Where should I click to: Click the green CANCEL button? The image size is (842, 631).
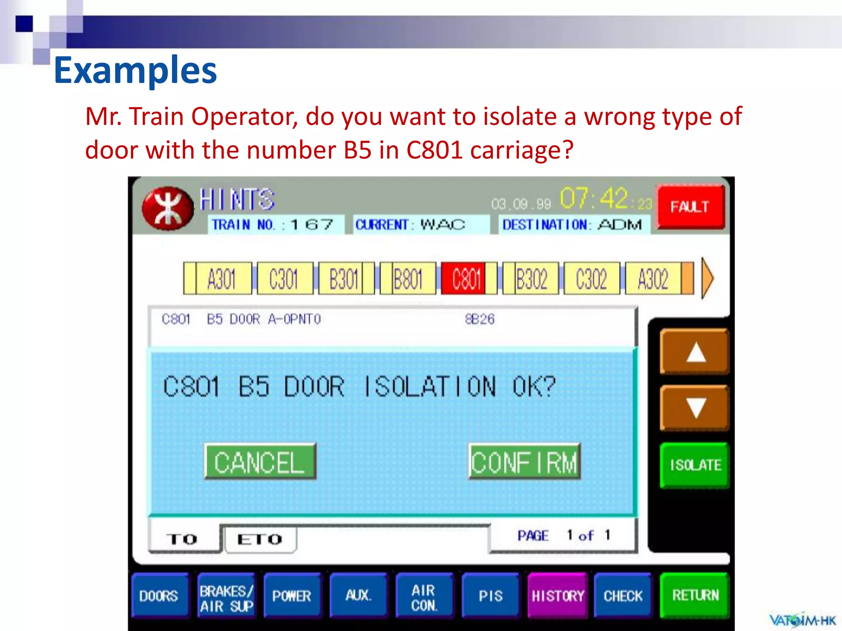[x=260, y=461]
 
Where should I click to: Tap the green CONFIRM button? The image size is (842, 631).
[x=524, y=461]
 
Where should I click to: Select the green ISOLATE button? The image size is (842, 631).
[x=694, y=465]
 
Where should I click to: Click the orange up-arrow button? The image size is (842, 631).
[x=694, y=352]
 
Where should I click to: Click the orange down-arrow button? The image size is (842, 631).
[x=694, y=408]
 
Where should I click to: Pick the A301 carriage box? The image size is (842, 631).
[x=222, y=279]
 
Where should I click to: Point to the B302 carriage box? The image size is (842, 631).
[x=531, y=279]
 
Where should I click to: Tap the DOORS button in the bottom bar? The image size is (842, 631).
[x=159, y=595]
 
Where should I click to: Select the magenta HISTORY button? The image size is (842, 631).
[x=557, y=595]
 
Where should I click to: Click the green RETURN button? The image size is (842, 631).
[x=695, y=595]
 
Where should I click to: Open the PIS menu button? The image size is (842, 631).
[x=490, y=595]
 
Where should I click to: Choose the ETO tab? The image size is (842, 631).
[x=260, y=539]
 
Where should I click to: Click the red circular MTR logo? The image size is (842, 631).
[x=167, y=208]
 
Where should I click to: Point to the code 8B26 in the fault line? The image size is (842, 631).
[x=479, y=319]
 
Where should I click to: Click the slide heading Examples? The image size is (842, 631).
[x=135, y=70]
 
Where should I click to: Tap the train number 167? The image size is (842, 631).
[x=311, y=225]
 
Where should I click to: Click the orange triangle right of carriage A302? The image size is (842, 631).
[x=707, y=278]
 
